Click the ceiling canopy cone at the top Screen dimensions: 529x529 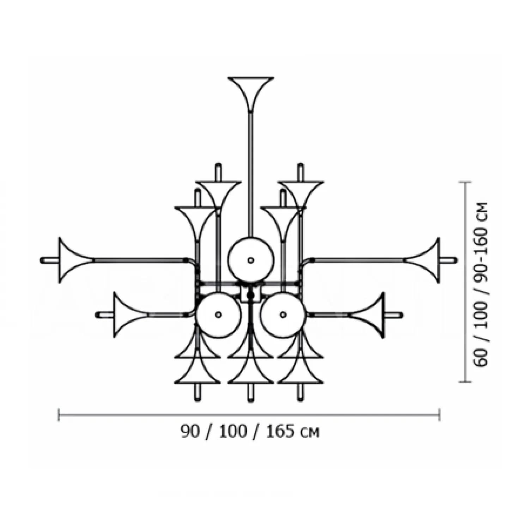(250, 88)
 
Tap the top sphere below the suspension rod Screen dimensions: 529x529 (250, 260)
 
